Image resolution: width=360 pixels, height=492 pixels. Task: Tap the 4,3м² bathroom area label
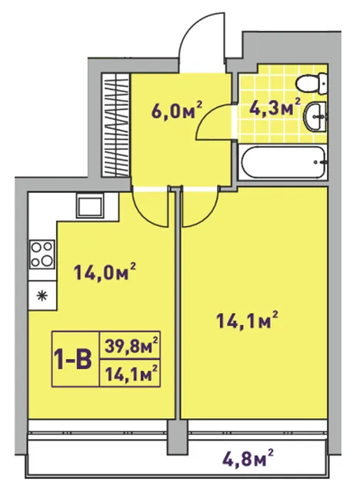point(275,108)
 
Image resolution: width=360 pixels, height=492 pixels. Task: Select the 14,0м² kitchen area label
point(105,271)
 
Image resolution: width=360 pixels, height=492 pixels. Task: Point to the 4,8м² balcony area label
point(248,458)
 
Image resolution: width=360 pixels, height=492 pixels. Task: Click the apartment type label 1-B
point(73,359)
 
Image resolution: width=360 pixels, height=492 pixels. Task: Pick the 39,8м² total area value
point(131,345)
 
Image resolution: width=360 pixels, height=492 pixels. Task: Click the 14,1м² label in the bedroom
point(248,320)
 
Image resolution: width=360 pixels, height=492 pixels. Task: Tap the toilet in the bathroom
point(312,82)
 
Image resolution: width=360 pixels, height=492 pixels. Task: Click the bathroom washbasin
point(315,117)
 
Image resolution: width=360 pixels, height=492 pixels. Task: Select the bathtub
point(283,162)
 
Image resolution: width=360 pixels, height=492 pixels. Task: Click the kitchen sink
point(90,206)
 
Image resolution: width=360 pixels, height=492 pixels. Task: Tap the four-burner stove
point(42,254)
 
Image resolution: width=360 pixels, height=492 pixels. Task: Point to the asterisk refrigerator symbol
point(42,295)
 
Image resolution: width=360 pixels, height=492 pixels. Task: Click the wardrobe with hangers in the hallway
point(116,125)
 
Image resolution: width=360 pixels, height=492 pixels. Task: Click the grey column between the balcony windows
point(178,435)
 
